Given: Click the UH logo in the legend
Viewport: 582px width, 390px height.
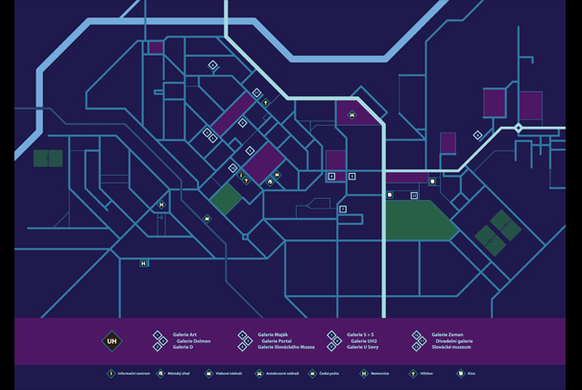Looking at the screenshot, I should (x=111, y=341).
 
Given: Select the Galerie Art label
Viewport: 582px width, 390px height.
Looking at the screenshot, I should (x=184, y=335).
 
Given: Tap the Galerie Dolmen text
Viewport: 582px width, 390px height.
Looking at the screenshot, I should (x=193, y=341).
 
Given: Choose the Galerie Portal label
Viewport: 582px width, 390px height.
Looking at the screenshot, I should (x=277, y=341).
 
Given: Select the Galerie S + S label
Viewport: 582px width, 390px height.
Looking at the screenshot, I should (x=362, y=335).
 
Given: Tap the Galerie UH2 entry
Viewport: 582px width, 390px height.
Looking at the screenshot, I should (x=363, y=341).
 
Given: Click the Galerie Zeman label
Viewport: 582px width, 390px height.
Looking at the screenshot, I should (x=448, y=335).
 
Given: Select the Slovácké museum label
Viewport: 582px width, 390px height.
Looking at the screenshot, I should (x=451, y=347).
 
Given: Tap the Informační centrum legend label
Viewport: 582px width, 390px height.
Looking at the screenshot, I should (x=133, y=374).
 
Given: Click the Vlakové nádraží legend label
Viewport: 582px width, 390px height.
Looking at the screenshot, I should (x=229, y=374).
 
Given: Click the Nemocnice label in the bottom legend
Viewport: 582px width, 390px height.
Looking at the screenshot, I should (x=380, y=374).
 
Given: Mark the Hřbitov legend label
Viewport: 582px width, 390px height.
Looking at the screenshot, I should (x=427, y=374).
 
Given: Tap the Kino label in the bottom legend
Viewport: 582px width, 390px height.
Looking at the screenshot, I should (x=473, y=374).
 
